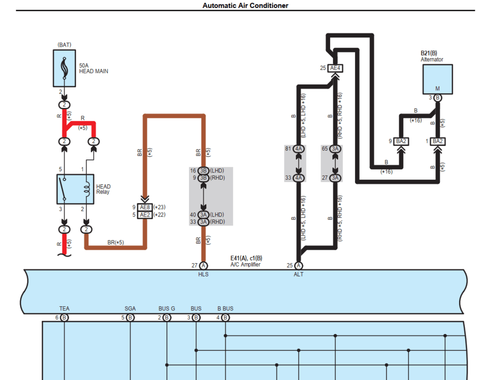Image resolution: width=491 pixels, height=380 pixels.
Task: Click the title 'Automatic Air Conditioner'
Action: tap(245, 5)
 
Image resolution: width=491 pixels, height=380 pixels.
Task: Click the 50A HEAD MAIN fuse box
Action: tap(64, 68)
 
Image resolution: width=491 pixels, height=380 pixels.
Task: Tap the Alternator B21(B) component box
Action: tap(437, 78)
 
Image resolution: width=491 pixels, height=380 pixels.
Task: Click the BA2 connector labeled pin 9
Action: tap(401, 141)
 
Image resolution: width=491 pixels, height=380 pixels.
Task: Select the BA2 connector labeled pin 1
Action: tap(438, 141)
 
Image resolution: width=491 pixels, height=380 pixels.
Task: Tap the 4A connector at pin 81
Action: tap(299, 149)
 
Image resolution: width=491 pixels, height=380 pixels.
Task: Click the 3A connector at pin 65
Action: tap(335, 149)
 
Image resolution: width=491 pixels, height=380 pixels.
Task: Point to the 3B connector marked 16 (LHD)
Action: tap(203, 170)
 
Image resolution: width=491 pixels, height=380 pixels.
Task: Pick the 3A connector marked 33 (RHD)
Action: tap(203, 222)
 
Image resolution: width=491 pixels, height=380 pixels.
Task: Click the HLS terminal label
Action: tap(203, 274)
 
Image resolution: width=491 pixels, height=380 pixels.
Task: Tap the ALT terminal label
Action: tap(298, 274)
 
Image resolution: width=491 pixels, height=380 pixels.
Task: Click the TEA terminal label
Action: tap(64, 309)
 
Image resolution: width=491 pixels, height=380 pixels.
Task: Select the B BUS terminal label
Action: tap(225, 309)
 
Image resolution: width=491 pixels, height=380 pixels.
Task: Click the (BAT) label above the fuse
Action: tap(64, 45)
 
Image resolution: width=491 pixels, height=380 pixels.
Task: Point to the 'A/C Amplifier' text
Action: tap(246, 265)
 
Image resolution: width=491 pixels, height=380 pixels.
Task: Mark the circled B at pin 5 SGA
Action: tap(130, 318)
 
